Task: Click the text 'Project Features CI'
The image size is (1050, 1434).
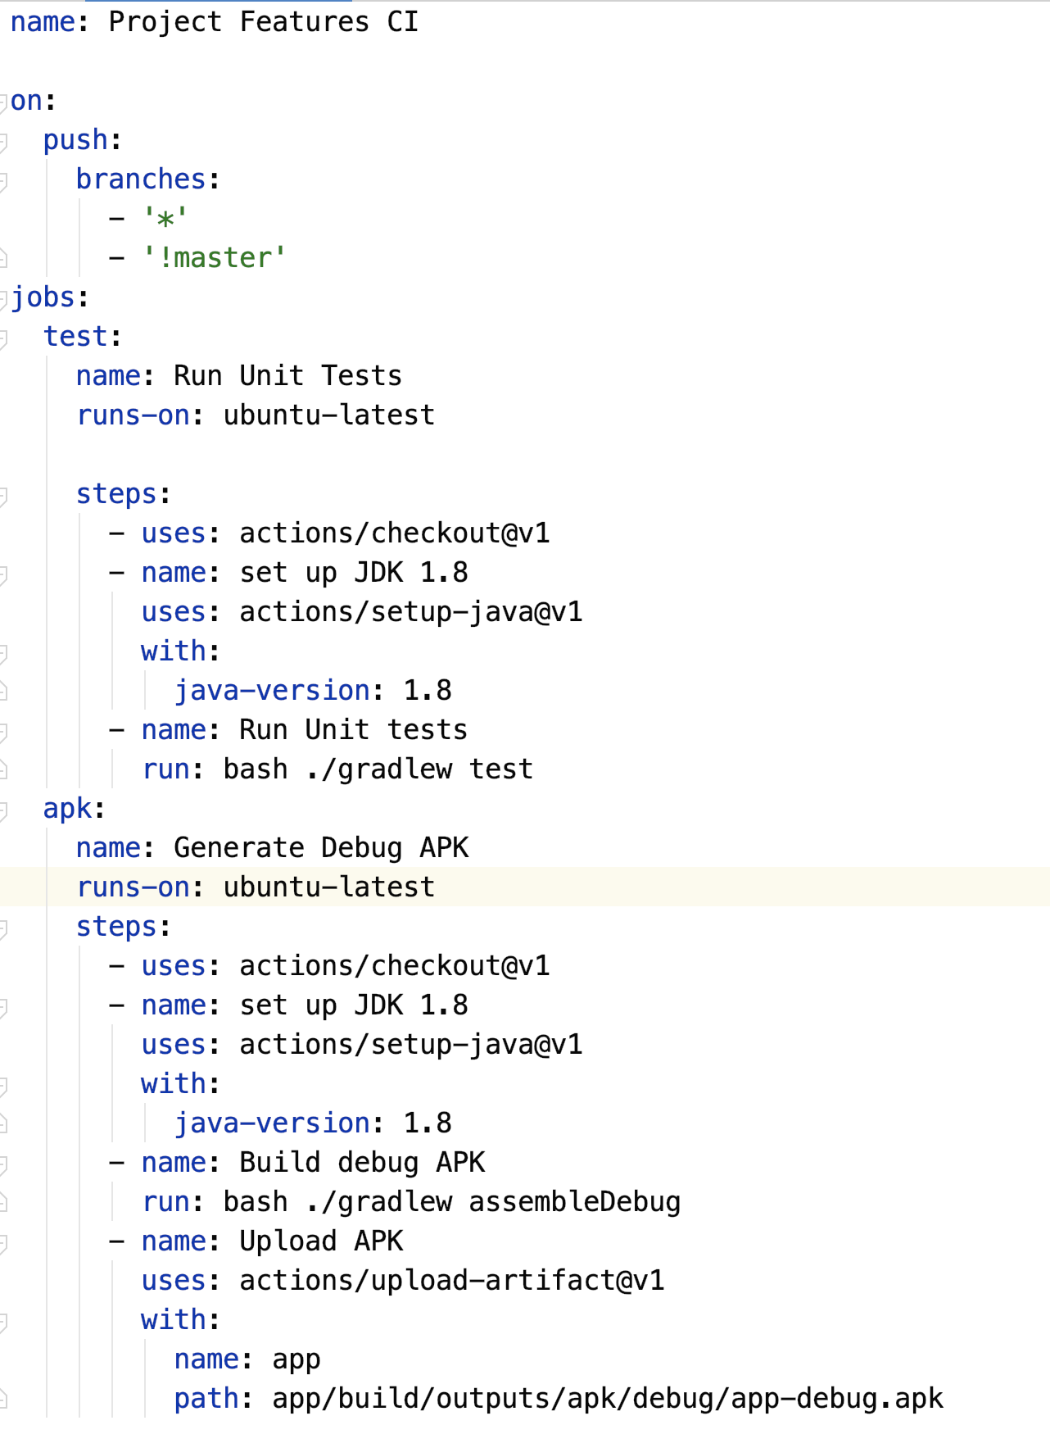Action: pyautogui.click(x=263, y=22)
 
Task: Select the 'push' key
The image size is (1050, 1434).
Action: pyautogui.click(x=75, y=140)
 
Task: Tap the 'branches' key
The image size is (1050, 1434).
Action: pyautogui.click(x=140, y=179)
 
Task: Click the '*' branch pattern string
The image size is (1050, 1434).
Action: pyautogui.click(x=165, y=219)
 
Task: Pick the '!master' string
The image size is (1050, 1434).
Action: pyautogui.click(x=214, y=258)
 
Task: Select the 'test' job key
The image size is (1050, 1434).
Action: pyautogui.click(x=75, y=337)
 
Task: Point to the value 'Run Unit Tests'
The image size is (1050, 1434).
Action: pyautogui.click(x=287, y=376)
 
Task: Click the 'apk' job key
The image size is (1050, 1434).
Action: pyautogui.click(x=67, y=809)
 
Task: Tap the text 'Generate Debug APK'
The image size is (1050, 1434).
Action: pyautogui.click(x=321, y=848)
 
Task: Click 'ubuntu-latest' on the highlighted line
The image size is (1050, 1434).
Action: pyautogui.click(x=328, y=887)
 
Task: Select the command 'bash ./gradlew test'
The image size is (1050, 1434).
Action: pyautogui.click(x=378, y=769)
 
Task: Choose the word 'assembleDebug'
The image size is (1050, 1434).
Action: pyautogui.click(x=574, y=1202)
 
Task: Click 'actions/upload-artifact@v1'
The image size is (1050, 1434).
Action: pyautogui.click(x=451, y=1281)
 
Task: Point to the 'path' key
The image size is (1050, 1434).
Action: pyautogui.click(x=206, y=1399)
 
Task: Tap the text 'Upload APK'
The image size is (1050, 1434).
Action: pyautogui.click(x=321, y=1241)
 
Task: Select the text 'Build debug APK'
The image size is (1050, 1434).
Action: pyautogui.click(x=362, y=1163)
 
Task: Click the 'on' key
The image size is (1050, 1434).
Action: pyautogui.click(x=26, y=101)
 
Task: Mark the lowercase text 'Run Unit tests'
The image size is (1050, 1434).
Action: pyautogui.click(x=353, y=730)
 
